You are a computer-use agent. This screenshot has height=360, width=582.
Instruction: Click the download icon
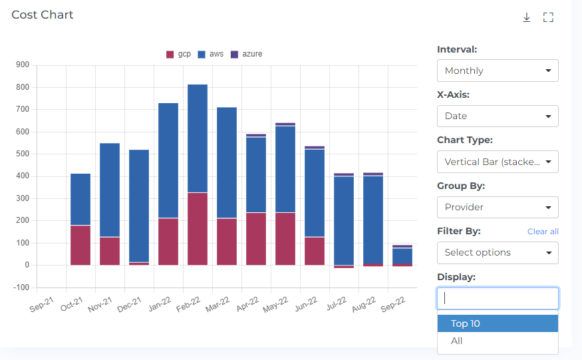click(x=526, y=17)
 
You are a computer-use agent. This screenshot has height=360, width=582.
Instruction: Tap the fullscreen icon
click(x=548, y=17)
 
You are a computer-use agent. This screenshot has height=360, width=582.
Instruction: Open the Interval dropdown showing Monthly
click(x=497, y=71)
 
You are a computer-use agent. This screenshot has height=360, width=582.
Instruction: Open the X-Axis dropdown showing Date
click(x=497, y=116)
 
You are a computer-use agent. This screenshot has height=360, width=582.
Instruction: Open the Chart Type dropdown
click(x=497, y=162)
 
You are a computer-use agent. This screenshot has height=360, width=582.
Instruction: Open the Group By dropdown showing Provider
click(x=497, y=207)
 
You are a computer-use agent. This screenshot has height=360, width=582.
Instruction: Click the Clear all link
click(x=542, y=232)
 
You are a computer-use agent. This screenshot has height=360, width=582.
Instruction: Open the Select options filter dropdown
click(x=497, y=253)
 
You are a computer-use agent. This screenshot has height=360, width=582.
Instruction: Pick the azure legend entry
click(x=246, y=54)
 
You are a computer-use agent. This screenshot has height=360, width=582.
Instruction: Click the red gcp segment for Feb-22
click(x=198, y=229)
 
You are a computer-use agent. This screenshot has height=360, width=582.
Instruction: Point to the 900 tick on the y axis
click(x=23, y=65)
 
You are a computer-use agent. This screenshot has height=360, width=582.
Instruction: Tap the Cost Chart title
click(x=43, y=15)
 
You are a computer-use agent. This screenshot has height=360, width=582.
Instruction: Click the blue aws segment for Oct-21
click(x=80, y=200)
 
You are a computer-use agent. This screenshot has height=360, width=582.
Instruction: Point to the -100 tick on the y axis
click(x=21, y=287)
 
